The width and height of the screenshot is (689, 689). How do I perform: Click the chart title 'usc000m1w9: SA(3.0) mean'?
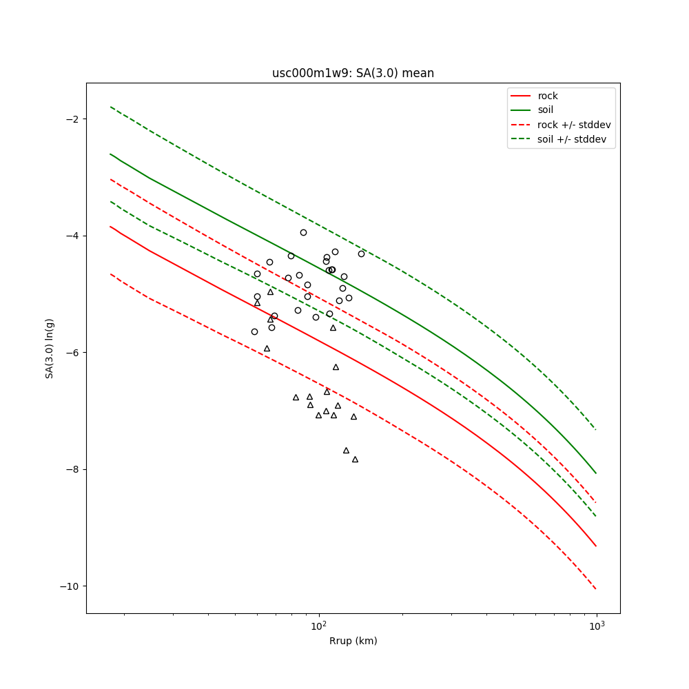click(x=353, y=73)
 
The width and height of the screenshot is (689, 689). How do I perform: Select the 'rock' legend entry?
click(x=548, y=96)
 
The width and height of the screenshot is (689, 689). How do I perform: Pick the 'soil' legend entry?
click(x=546, y=110)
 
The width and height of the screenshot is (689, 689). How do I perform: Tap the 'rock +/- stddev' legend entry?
click(x=574, y=125)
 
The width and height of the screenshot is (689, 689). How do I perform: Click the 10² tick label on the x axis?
click(x=318, y=626)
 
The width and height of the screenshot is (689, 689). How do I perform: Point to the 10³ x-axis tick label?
click(x=596, y=626)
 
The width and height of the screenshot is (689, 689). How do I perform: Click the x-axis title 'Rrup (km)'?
click(x=353, y=641)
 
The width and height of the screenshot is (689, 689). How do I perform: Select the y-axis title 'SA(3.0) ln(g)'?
click(x=50, y=348)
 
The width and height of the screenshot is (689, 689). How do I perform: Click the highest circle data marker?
click(x=303, y=232)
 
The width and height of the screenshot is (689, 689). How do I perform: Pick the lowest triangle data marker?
click(x=355, y=459)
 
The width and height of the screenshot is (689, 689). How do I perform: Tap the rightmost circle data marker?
click(x=361, y=254)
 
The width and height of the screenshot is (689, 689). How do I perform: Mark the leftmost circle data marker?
click(x=254, y=331)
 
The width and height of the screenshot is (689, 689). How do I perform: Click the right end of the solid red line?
click(x=596, y=546)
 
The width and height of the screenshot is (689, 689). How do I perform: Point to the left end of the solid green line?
click(x=110, y=154)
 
